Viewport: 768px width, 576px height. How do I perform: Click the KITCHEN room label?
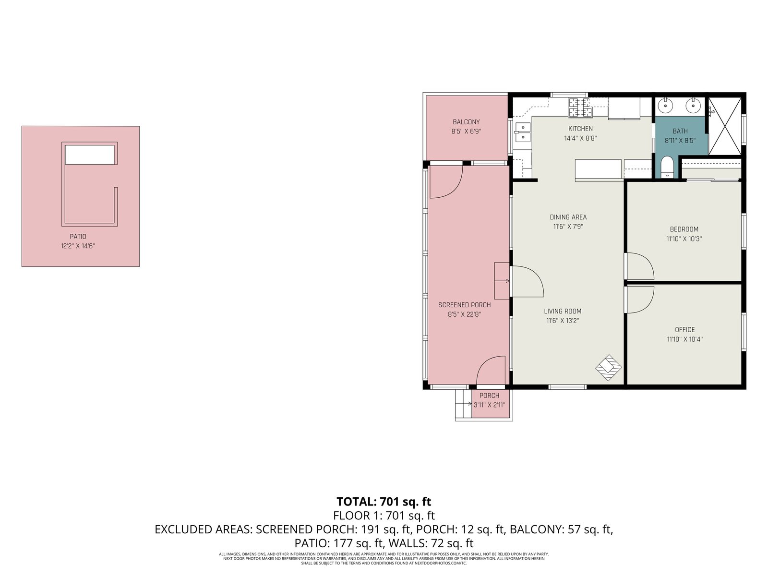[580, 129]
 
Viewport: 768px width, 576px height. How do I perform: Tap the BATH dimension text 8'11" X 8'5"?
[680, 141]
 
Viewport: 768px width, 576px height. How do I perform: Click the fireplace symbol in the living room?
[609, 368]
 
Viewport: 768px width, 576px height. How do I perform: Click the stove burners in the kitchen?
[580, 108]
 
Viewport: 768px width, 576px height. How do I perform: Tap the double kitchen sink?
[522, 132]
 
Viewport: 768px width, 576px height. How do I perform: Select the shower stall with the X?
[725, 126]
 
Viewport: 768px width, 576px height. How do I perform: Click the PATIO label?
[78, 237]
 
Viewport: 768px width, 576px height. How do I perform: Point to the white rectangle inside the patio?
[90, 155]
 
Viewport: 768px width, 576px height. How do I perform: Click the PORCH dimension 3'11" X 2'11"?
[489, 405]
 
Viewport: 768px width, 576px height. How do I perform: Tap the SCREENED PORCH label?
[464, 305]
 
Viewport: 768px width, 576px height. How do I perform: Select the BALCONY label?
[466, 122]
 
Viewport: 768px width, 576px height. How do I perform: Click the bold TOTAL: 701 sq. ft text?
[384, 502]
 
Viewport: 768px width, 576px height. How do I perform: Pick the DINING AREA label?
[568, 217]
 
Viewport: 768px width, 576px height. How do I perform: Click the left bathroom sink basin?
[665, 105]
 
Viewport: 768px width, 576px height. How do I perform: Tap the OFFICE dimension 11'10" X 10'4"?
[685, 339]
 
